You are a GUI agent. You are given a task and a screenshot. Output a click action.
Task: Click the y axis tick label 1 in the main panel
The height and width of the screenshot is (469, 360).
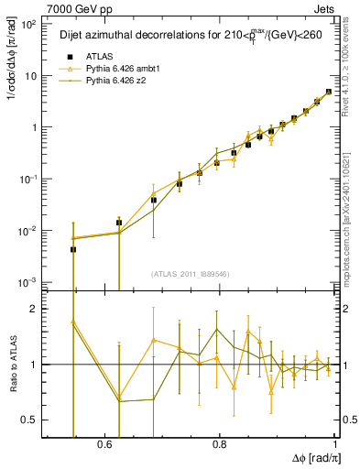coord(36,127)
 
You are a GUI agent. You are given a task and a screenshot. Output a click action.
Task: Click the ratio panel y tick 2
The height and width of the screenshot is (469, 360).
coord(36,310)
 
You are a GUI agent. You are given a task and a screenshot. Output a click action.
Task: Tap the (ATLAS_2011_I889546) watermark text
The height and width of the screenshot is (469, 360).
coord(190,273)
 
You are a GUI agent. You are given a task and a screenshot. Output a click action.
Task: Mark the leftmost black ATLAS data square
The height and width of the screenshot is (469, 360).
coord(73,249)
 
